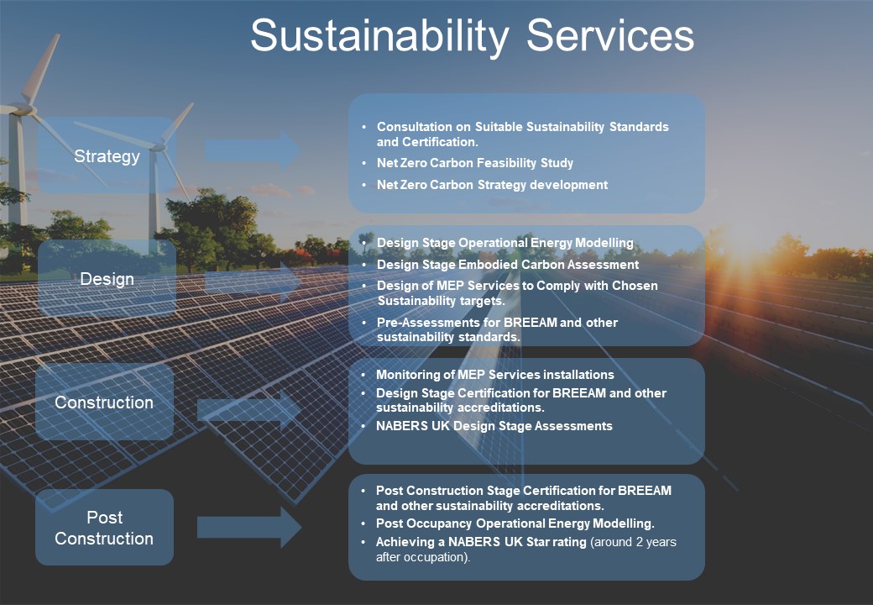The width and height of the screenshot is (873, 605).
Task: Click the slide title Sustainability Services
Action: click(x=472, y=35)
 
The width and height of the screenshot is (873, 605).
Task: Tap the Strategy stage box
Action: click(x=107, y=155)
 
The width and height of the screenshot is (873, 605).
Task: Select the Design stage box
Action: click(x=107, y=278)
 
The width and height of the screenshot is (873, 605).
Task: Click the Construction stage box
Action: click(x=104, y=402)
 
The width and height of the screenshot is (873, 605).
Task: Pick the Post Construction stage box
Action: click(x=104, y=527)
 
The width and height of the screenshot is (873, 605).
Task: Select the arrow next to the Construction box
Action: click(x=249, y=410)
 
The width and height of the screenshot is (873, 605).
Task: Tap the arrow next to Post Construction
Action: click(x=249, y=527)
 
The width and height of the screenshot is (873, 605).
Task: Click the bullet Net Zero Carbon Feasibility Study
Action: click(x=475, y=163)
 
